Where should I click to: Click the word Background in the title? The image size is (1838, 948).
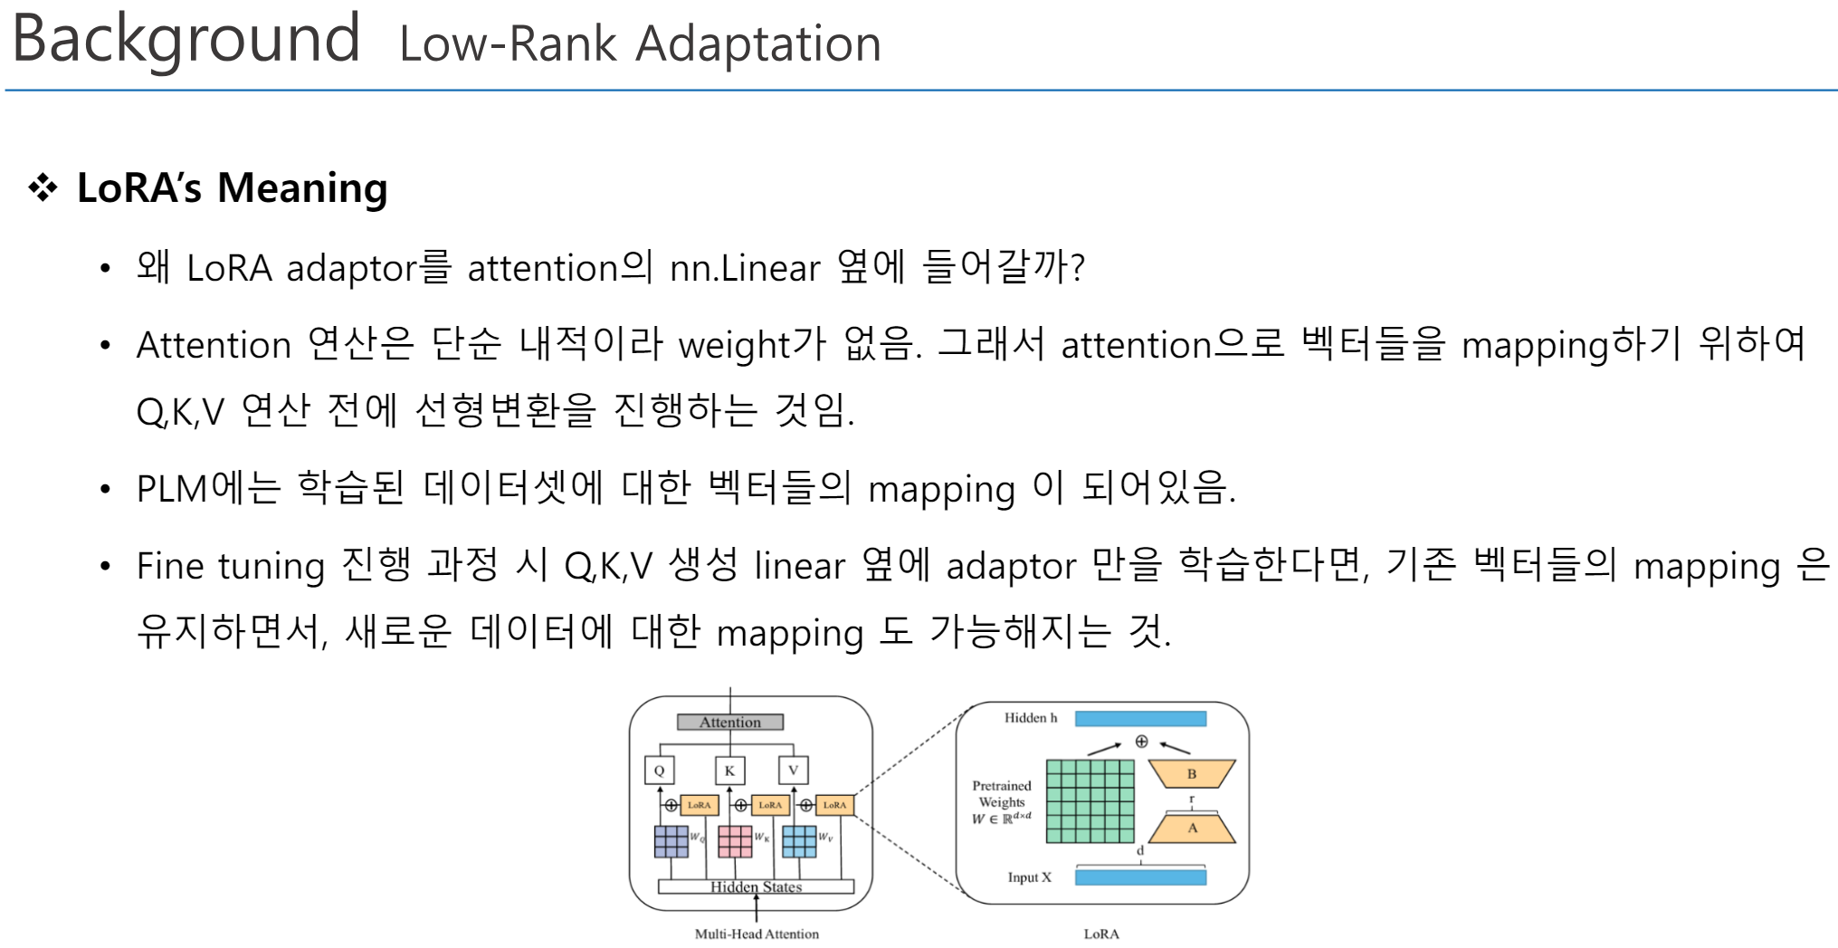point(186,39)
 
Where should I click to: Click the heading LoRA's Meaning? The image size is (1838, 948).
point(232,188)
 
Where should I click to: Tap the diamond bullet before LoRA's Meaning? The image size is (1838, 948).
point(43,188)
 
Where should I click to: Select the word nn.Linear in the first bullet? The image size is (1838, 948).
point(744,268)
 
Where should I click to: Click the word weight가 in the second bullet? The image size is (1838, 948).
point(751,345)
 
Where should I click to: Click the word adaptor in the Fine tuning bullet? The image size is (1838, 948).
point(1010,566)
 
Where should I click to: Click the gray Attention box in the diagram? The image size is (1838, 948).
point(729,722)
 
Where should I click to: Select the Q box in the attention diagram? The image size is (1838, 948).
point(659,771)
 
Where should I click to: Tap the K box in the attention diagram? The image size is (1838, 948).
point(729,771)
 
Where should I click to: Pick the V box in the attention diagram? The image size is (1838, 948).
point(793,771)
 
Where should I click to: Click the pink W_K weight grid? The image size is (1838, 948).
point(735,841)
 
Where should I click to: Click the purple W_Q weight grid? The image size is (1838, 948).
point(671,841)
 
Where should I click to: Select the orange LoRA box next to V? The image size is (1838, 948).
point(834,805)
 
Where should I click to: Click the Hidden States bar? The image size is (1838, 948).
point(756,886)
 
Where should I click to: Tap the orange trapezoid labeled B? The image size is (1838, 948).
point(1191,774)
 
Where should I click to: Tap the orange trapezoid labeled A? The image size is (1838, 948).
point(1192,828)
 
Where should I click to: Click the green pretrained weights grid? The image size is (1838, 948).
point(1090,801)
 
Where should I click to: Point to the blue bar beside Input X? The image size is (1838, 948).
point(1140,876)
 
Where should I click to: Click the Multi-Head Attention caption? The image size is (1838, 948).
point(757,934)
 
